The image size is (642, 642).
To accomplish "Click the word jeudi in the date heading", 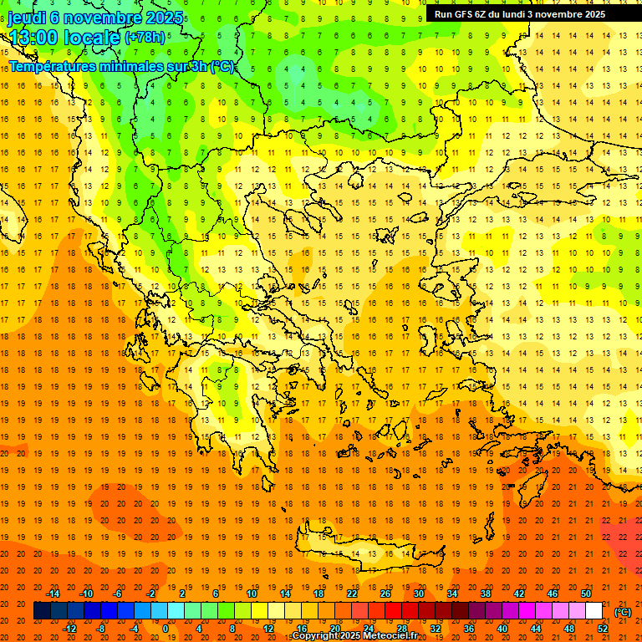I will (28, 18).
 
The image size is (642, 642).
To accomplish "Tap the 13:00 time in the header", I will (38, 38).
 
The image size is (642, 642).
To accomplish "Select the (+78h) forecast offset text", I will (145, 38).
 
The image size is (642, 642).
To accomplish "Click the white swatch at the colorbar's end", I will (594, 611).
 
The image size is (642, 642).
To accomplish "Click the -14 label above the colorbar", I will (53, 594).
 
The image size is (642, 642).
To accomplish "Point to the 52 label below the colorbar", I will (603, 629).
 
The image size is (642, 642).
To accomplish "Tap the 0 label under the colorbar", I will (166, 629).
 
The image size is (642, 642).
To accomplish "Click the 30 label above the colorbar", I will (419, 594).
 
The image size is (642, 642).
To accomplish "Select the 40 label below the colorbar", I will (502, 629).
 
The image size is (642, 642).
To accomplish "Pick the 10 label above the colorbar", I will (252, 594).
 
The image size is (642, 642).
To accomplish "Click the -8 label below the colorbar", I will (102, 629).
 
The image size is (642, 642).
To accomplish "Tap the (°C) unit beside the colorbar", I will (622, 612).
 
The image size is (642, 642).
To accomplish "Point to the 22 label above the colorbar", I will (352, 594).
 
